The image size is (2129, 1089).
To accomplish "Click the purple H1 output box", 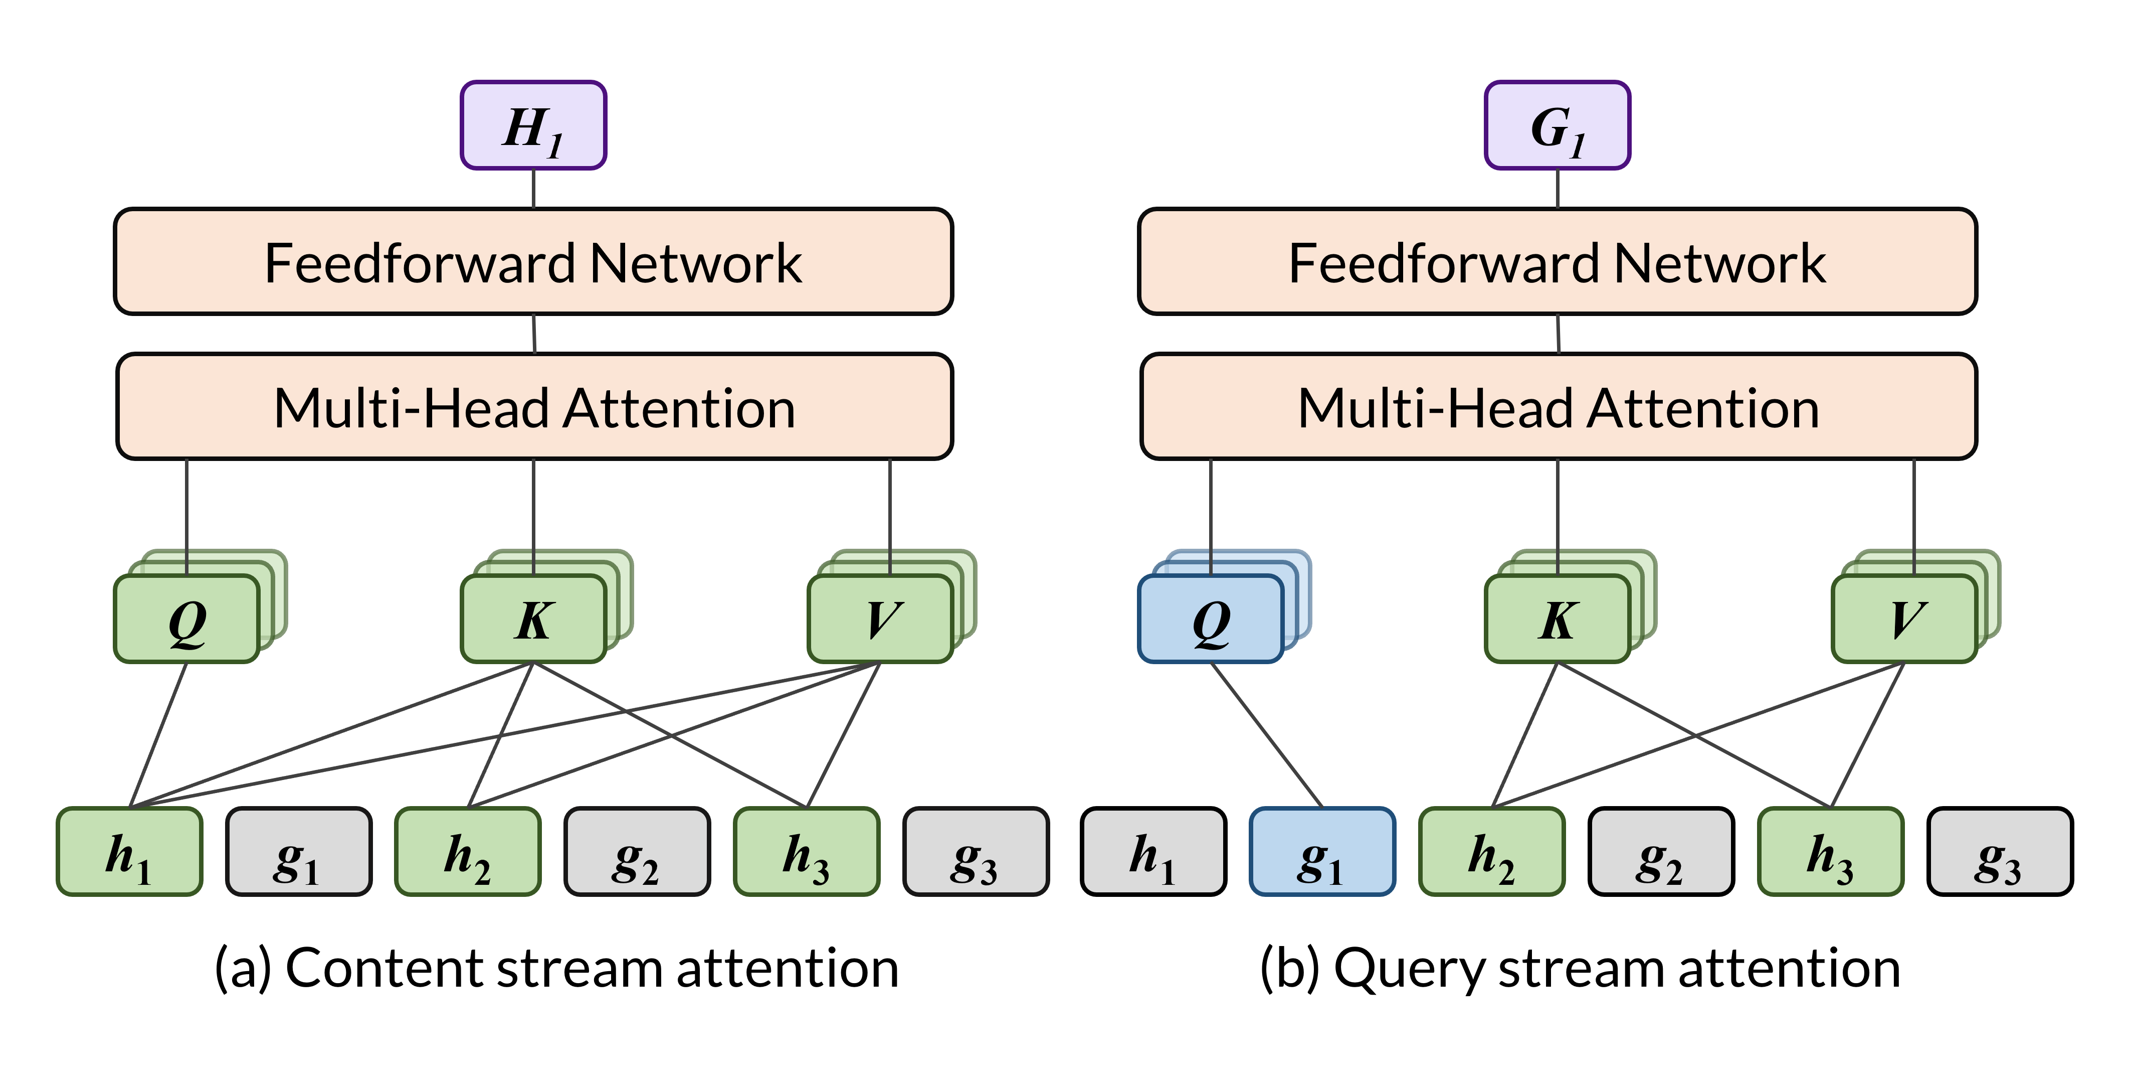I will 533,126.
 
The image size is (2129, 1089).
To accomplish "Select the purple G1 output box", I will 1557,126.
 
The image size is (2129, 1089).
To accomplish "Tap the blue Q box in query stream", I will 1211,618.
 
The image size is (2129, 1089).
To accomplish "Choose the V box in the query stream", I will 1904,618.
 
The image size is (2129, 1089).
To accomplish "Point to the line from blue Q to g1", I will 1267,734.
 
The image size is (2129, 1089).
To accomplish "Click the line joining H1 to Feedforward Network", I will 533,189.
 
